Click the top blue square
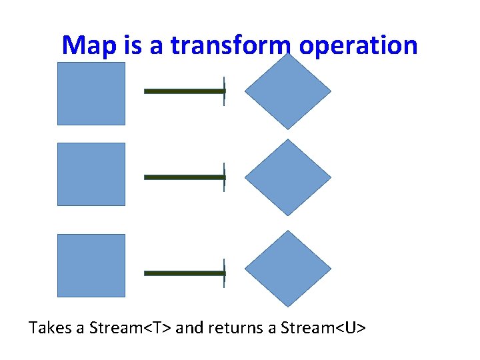tap(91, 93)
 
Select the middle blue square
tap(91, 174)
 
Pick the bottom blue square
tap(91, 265)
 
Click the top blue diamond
tap(287, 91)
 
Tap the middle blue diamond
tap(287, 177)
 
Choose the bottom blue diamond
tap(287, 269)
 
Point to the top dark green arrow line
tap(183, 91)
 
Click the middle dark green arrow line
tap(183, 177)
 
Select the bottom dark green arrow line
tap(183, 273)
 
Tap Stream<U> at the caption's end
tap(323, 328)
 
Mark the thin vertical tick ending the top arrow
tap(224, 91)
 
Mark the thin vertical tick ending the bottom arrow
tap(224, 273)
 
